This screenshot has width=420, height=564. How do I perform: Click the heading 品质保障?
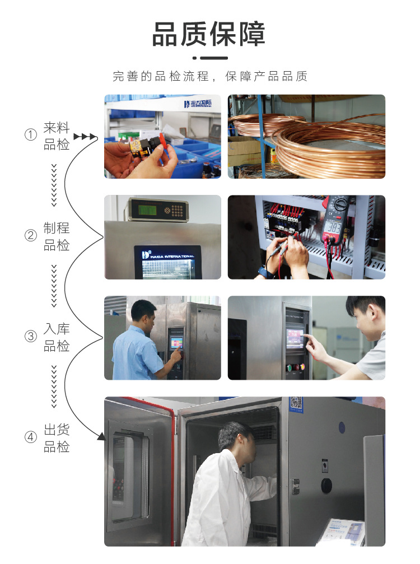pos(209,34)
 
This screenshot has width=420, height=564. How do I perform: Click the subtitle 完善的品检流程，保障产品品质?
pos(210,77)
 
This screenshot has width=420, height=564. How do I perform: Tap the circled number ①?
pos(30,135)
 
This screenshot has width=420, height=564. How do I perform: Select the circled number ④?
pos(30,437)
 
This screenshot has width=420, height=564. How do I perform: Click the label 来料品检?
pos(57,136)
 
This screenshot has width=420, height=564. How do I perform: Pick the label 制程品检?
pos(57,236)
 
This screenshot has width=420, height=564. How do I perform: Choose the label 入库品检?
pos(57,337)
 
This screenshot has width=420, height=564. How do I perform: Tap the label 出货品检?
pos(57,438)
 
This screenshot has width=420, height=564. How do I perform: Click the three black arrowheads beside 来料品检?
pos(85,136)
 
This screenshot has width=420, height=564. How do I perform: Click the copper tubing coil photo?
pos(306,136)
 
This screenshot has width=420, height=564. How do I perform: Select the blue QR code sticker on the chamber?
pos(296,403)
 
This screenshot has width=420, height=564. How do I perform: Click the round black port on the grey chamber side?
pos(326,485)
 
